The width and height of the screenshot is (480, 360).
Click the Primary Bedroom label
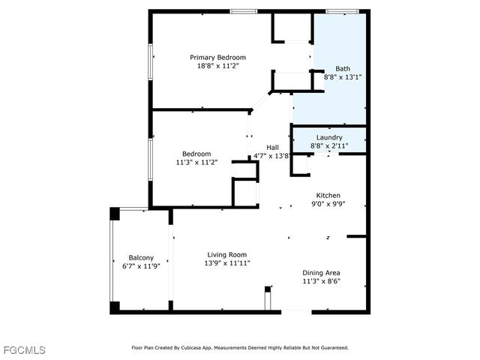(x=217, y=57)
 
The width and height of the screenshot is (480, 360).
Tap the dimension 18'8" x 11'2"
(x=217, y=66)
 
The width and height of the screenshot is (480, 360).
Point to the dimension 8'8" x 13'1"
(x=342, y=76)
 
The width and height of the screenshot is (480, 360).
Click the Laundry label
(x=328, y=137)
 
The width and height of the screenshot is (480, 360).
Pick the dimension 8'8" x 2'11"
(x=328, y=146)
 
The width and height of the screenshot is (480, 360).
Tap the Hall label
(x=273, y=147)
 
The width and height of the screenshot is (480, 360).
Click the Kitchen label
(x=328, y=195)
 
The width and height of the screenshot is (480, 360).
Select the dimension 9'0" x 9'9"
(x=328, y=204)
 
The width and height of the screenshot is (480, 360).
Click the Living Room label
(x=226, y=254)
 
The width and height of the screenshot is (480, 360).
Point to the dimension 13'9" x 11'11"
(x=226, y=263)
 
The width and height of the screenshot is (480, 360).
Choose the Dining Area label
(x=321, y=272)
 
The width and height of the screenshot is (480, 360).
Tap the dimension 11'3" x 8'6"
(x=321, y=281)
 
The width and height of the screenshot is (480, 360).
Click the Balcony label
(x=141, y=257)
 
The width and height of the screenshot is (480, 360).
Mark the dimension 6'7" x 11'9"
(x=141, y=265)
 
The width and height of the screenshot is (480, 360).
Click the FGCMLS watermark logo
(x=23, y=350)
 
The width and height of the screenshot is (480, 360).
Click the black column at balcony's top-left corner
(x=114, y=214)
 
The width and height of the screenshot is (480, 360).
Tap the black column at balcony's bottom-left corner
(x=114, y=307)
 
